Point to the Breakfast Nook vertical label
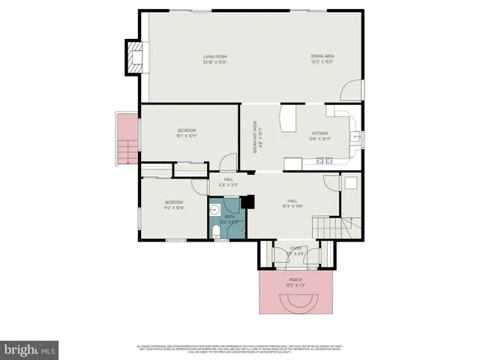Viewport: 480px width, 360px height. (255, 137)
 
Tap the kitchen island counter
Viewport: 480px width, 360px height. (288, 119)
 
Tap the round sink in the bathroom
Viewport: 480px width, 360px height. (215, 209)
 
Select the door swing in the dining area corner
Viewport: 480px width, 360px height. (351, 92)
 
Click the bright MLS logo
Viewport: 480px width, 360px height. (30, 349)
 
